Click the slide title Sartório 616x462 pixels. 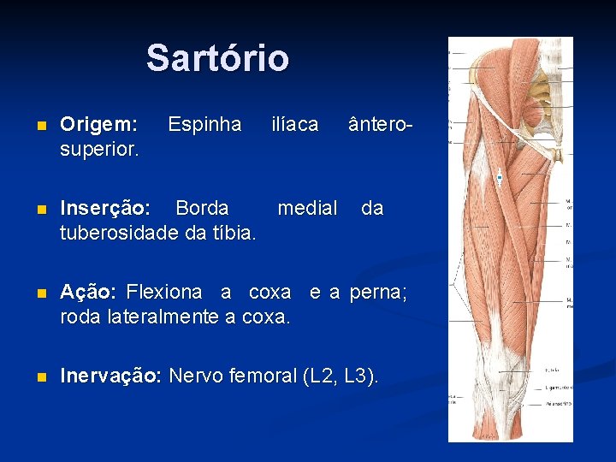point(217,59)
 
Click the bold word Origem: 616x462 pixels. point(98,125)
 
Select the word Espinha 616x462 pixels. point(204,125)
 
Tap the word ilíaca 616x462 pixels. point(294,125)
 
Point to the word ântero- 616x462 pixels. point(381,125)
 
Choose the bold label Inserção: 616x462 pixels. point(105,208)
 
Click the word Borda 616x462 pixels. point(202,208)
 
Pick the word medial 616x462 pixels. point(307,208)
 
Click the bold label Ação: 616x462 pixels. point(88,292)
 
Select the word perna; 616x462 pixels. point(379,292)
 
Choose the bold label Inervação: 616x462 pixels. point(110,376)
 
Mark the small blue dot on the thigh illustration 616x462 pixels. point(500,178)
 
